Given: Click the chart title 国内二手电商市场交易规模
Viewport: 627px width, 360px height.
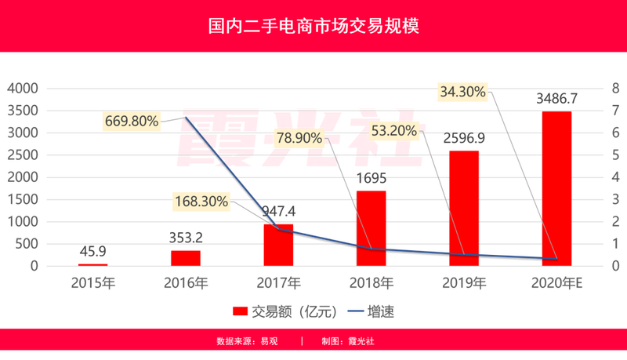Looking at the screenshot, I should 313,26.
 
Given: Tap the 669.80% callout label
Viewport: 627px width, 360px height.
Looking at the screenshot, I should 131,122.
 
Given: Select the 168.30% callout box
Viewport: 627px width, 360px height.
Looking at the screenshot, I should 201,202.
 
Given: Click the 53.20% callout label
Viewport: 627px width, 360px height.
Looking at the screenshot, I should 393,131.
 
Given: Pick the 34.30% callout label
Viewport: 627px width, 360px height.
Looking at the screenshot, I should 463,92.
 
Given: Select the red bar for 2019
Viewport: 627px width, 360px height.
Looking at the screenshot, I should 464,205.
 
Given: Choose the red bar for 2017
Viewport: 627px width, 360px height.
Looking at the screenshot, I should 278,244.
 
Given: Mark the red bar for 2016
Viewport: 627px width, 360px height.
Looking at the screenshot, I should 186,256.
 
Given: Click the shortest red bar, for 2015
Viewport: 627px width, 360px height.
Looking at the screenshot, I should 92,264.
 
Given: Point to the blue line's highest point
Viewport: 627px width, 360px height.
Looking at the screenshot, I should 186,117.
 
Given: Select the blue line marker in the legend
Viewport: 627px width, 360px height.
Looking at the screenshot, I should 359,311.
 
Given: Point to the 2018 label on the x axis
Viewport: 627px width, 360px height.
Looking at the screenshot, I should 371,282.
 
